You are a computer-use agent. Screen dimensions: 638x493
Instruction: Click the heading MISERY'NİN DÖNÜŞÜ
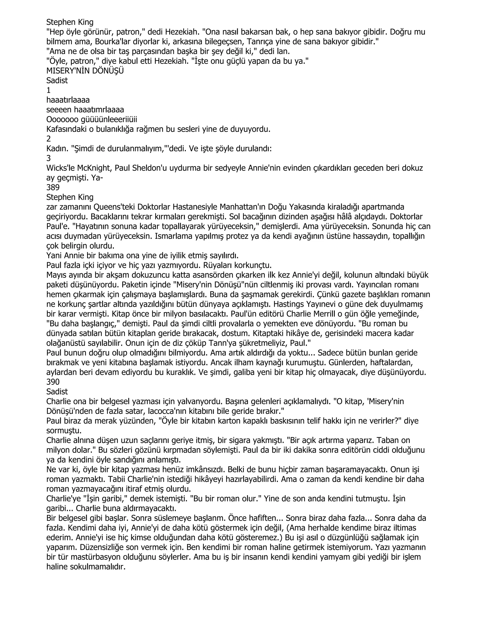[85, 71]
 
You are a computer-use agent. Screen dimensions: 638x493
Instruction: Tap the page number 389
[53, 188]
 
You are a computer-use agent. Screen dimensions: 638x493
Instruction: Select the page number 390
[53, 382]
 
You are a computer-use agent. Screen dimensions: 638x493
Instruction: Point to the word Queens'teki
[114, 207]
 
